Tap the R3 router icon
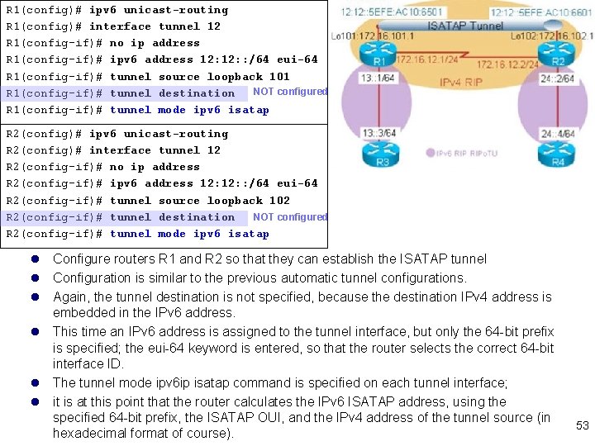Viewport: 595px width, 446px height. tap(382, 154)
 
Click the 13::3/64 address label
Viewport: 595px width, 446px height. tap(377, 133)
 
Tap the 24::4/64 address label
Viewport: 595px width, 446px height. tap(559, 133)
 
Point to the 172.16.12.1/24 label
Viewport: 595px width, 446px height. tap(426, 60)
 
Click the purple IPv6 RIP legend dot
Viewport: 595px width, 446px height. tap(431, 152)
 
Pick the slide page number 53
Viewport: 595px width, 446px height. tap(583, 425)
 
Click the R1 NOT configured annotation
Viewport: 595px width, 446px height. tap(290, 92)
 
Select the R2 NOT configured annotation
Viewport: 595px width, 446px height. tap(290, 216)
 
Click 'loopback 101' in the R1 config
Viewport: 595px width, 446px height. tap(249, 77)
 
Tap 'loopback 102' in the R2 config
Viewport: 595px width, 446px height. tap(249, 201)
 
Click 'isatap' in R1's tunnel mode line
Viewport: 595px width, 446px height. tap(249, 110)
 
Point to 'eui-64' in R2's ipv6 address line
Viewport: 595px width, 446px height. tap(297, 183)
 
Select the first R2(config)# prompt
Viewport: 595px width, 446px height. tap(45, 134)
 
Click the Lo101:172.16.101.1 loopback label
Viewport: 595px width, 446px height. tap(369, 36)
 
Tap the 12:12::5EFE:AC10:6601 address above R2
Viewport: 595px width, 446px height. tap(541, 12)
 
